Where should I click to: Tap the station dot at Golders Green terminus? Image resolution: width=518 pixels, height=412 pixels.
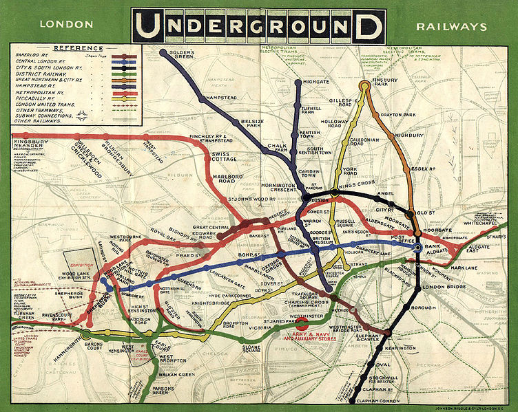tap(163, 52)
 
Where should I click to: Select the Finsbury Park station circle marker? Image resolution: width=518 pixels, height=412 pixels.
tap(364, 86)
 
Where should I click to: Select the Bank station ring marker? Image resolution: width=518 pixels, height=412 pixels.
tap(417, 246)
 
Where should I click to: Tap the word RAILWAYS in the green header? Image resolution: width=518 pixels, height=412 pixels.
tap(451, 28)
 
